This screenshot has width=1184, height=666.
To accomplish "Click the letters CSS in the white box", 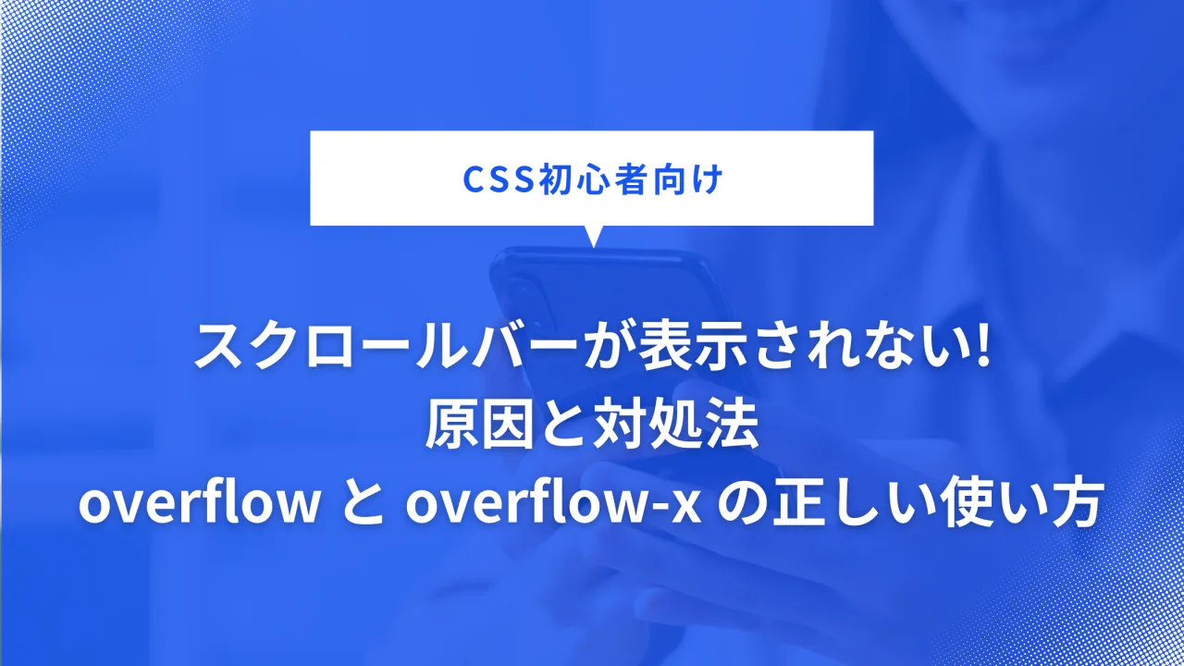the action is pyautogui.click(x=498, y=179).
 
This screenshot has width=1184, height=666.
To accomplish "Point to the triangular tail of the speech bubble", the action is pyautogui.click(x=593, y=236).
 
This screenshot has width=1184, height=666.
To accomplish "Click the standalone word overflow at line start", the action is pyautogui.click(x=199, y=505).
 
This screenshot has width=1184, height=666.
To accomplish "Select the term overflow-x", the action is pyautogui.click(x=553, y=505).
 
